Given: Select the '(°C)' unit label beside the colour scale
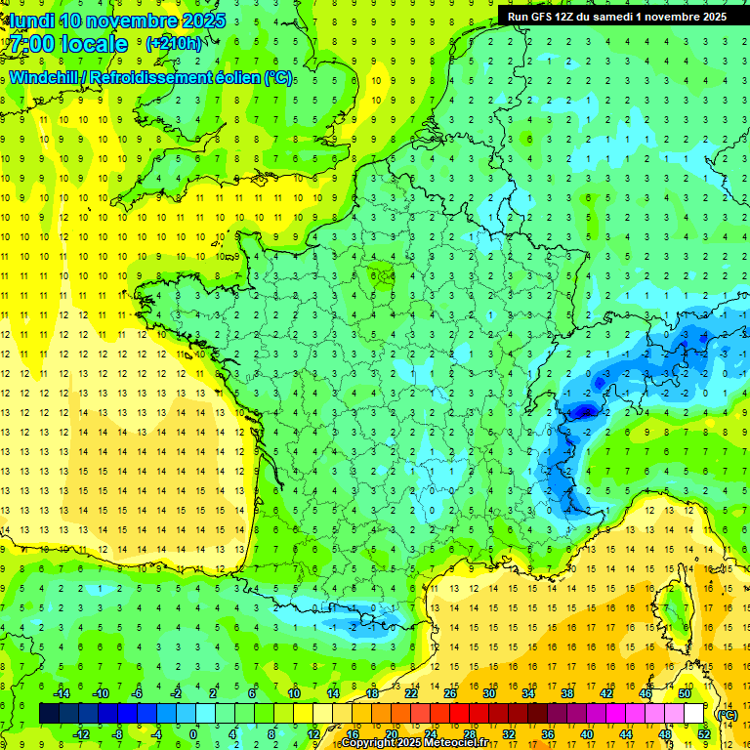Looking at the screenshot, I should coord(727,714).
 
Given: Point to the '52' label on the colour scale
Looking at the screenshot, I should coord(703,733).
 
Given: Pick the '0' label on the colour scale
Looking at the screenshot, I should coord(192,733).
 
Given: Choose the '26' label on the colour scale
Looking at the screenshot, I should coord(449,692).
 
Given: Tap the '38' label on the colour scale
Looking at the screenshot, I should coord(566,692).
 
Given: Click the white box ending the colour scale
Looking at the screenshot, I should coord(694,713).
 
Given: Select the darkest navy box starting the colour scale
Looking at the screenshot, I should coord(49,713).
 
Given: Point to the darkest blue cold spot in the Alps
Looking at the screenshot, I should coord(584,411).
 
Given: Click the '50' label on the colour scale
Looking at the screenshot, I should coord(684,692).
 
